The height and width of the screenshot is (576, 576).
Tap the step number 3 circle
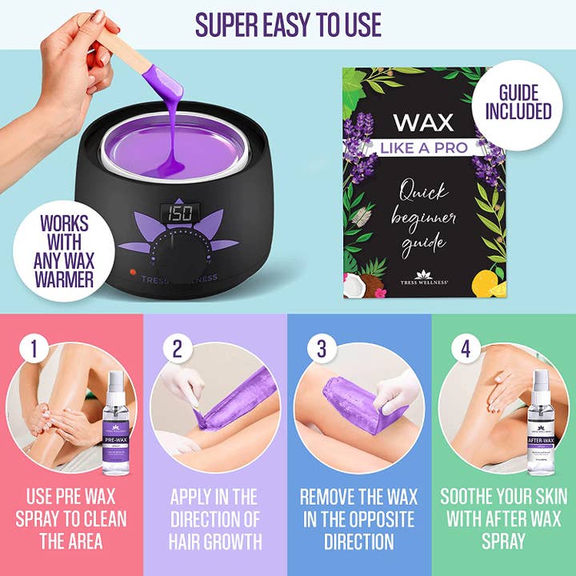pos(320,349)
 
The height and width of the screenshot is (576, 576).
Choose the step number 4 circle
pos(465,349)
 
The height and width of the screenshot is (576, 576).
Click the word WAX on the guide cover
pos(423,123)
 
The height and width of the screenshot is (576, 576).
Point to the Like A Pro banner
pos(423,150)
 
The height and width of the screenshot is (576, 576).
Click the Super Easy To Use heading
pos(288,25)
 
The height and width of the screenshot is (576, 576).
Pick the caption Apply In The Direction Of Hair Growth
pos(215,518)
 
